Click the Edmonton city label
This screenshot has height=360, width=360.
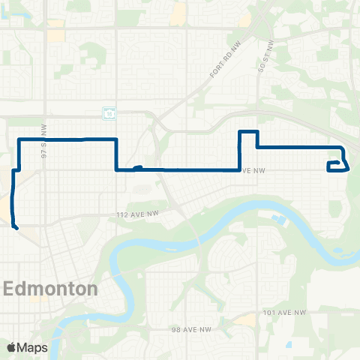pyautogui.click(x=52, y=289)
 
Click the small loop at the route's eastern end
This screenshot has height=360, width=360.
pyautogui.click(x=338, y=166)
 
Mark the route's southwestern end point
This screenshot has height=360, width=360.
pyautogui.click(x=15, y=223)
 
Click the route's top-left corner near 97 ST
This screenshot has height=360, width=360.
pyautogui.click(x=19, y=140)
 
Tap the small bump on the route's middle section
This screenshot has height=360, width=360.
pyautogui.click(x=137, y=168)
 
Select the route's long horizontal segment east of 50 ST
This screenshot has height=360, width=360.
pyautogui.click(x=300, y=147)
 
